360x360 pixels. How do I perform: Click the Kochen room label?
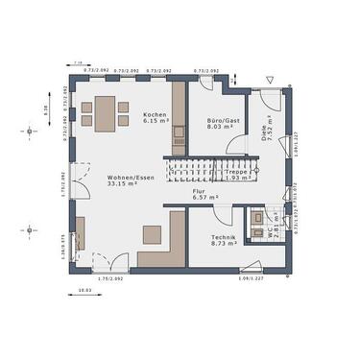tap(156, 113)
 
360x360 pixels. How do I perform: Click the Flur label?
tap(199, 191)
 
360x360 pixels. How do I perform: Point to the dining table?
tap(102, 114)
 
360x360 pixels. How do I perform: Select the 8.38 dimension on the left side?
tap(47, 109)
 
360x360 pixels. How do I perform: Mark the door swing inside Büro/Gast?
tap(234, 144)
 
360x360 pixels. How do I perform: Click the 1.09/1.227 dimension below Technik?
tap(251, 280)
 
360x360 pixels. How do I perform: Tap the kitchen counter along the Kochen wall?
tap(179, 120)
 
